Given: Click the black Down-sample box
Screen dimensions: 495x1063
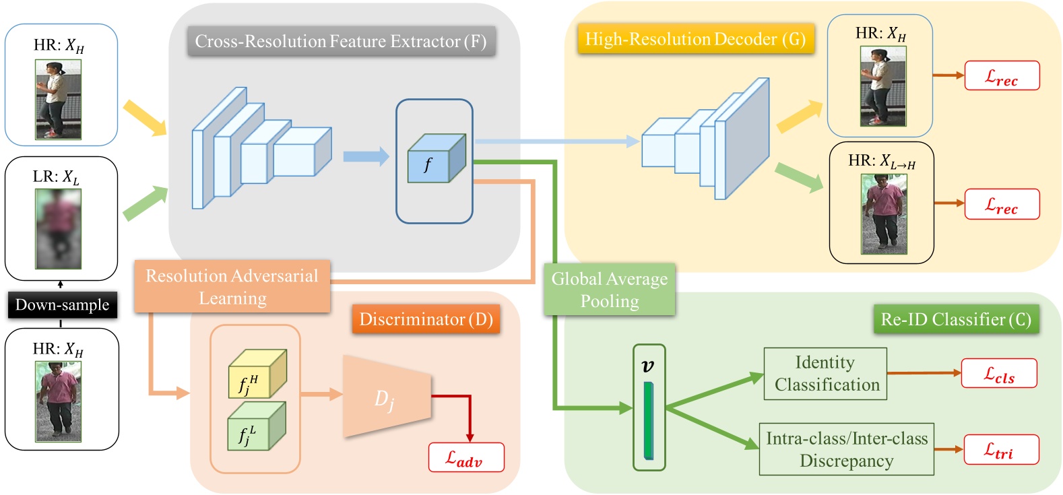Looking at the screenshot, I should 63,305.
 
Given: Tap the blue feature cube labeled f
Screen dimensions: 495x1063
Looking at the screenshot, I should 435,160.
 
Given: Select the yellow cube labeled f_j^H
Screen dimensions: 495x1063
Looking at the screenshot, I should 257,374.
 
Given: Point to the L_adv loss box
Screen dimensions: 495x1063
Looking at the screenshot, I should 466,458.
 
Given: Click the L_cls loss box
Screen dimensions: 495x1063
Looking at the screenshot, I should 998,374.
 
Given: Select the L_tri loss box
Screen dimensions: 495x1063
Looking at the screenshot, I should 1000,449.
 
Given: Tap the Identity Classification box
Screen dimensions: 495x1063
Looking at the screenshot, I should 825,374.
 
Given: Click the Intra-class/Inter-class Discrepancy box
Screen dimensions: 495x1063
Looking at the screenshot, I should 846,449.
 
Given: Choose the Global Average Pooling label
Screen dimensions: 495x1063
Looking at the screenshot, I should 609,290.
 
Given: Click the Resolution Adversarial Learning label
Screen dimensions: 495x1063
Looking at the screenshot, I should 232,286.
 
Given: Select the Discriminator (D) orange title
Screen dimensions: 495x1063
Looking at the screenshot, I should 426,319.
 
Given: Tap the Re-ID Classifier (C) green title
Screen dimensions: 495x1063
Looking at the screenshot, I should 956,319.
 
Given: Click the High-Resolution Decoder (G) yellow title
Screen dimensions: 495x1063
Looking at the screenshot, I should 695,39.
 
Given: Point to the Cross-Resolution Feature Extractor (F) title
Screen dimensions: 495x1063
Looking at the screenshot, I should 341,42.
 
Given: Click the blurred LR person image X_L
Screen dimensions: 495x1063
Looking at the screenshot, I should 58,228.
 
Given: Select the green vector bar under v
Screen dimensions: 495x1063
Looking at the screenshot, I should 648,420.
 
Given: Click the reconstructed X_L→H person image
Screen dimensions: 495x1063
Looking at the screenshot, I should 883,214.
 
